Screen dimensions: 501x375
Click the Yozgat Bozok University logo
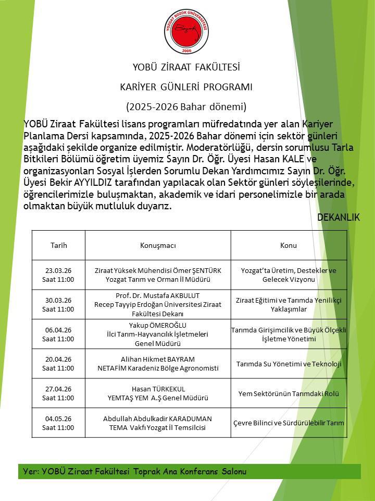tap(186, 31)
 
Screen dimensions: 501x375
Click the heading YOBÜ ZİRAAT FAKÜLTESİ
tap(186, 67)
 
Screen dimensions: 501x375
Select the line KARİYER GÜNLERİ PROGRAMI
tap(186, 87)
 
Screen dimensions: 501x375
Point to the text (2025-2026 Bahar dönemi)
tap(186, 107)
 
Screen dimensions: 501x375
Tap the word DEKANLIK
tap(339, 218)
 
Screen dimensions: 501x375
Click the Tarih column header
tap(58, 245)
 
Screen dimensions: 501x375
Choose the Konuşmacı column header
tap(158, 245)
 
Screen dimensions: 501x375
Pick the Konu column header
tap(289, 245)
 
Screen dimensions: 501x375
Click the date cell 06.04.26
tap(58, 334)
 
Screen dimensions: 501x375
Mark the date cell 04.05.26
tap(58, 423)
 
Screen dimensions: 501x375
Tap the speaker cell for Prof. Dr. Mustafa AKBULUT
tap(158, 304)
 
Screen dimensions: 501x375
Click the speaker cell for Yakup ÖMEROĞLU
tap(158, 334)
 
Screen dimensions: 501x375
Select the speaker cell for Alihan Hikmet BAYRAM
tap(158, 364)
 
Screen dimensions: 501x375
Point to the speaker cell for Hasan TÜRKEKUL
tap(158, 393)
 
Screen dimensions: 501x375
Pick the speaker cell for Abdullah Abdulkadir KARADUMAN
tap(158, 423)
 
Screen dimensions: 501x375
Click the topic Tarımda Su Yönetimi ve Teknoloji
tap(289, 364)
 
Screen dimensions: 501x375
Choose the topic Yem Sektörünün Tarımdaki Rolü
tap(289, 393)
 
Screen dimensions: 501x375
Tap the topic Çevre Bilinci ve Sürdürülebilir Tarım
tap(289, 423)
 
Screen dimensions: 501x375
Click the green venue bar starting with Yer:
tap(189, 471)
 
